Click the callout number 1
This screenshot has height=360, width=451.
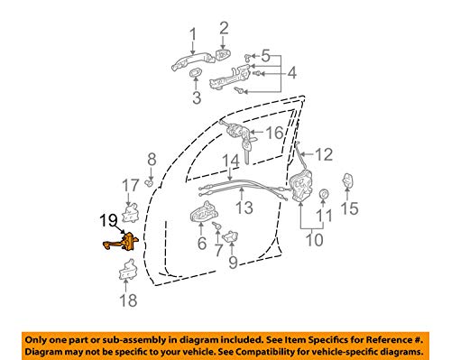coord(191,35)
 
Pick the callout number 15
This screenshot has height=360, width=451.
coord(350,209)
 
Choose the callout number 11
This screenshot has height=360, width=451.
coord(326,217)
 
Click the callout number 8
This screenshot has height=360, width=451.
coord(151,160)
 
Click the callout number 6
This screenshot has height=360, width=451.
coord(201,244)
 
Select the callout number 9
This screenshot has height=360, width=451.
coord(232,263)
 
